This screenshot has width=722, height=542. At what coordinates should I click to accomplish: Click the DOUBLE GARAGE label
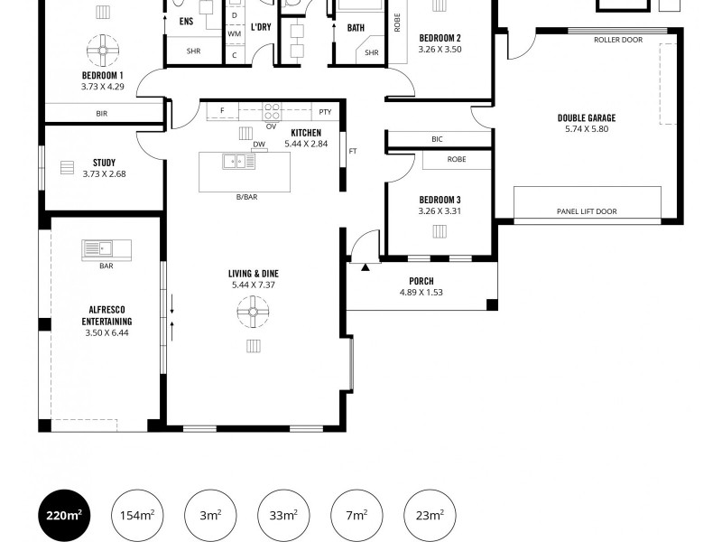point(586,118)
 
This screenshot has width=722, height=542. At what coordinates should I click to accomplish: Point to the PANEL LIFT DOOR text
point(586,213)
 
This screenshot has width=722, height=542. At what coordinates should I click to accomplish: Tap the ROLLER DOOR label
point(617,41)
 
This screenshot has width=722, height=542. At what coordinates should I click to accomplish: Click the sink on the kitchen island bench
point(239,162)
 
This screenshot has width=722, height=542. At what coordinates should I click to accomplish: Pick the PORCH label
point(421,281)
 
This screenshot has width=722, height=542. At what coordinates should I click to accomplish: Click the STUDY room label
point(103,163)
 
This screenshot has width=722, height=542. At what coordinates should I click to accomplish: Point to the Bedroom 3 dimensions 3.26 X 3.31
point(440,211)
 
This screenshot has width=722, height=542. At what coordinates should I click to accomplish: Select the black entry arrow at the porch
point(366,267)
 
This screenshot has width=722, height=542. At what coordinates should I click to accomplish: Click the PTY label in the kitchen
point(326,112)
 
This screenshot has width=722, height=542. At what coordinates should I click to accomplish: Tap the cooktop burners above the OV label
point(270,112)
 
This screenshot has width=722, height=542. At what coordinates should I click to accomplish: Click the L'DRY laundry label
point(261,27)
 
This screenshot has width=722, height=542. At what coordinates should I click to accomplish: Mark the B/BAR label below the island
point(245,196)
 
